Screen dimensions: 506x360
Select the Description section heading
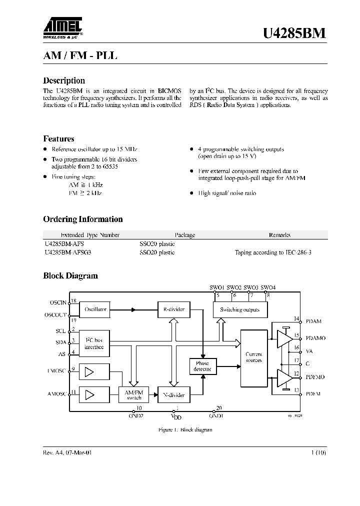click(64, 80)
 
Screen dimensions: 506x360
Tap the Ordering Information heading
click(83, 219)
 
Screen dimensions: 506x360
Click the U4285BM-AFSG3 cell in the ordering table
click(67, 252)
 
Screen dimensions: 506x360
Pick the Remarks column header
click(279, 235)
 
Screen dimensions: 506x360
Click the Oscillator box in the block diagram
click(95, 309)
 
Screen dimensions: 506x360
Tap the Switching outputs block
click(239, 309)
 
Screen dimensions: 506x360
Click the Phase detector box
click(202, 366)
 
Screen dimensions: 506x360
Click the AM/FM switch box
click(133, 395)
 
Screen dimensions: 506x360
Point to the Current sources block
click(253, 357)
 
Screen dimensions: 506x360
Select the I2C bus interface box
click(94, 343)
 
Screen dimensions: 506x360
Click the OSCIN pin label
click(58, 302)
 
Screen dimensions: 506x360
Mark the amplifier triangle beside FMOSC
click(89, 371)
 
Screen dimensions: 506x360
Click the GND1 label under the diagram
click(216, 415)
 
